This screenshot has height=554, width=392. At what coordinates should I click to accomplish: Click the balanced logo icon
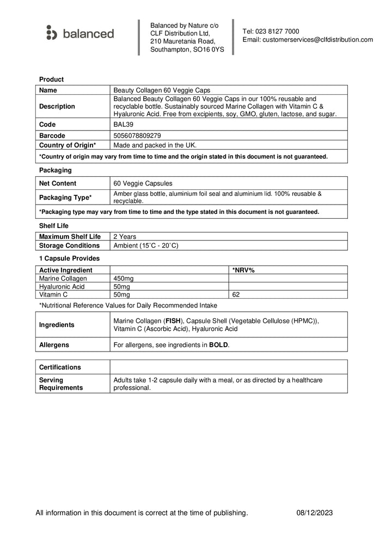pyautogui.click(x=52, y=33)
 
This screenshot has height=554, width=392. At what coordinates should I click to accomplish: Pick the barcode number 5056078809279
pyautogui.click(x=137, y=136)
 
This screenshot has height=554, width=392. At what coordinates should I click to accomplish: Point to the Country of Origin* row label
pyautogui.click(x=68, y=145)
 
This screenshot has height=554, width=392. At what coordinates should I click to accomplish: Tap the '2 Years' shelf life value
pyautogui.click(x=125, y=237)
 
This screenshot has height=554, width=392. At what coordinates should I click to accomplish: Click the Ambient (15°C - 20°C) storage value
pyautogui.click(x=146, y=245)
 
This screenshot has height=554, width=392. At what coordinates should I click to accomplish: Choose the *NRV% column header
pyautogui.click(x=244, y=270)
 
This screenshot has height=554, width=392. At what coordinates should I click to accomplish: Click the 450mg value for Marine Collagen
pyautogui.click(x=123, y=278)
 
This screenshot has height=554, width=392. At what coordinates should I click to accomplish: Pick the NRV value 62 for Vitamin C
pyautogui.click(x=236, y=294)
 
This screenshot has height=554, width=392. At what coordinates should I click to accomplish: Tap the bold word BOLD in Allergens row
pyautogui.click(x=219, y=345)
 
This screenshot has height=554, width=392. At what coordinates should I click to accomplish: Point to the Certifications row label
pyautogui.click(x=60, y=367)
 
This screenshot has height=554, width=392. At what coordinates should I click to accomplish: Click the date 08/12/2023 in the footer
pyautogui.click(x=315, y=513)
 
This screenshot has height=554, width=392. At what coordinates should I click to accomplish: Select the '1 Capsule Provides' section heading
pyautogui.click(x=69, y=258)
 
